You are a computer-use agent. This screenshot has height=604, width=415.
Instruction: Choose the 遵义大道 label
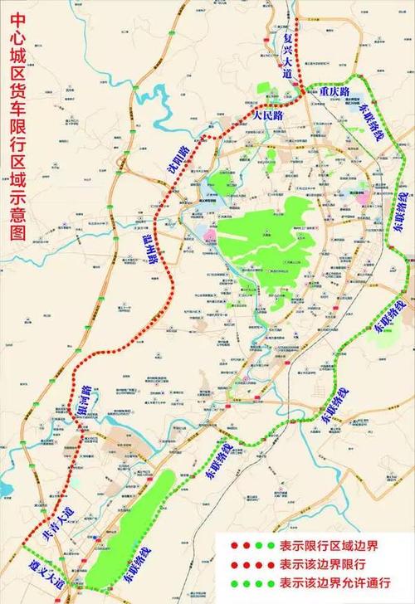[38, 575]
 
